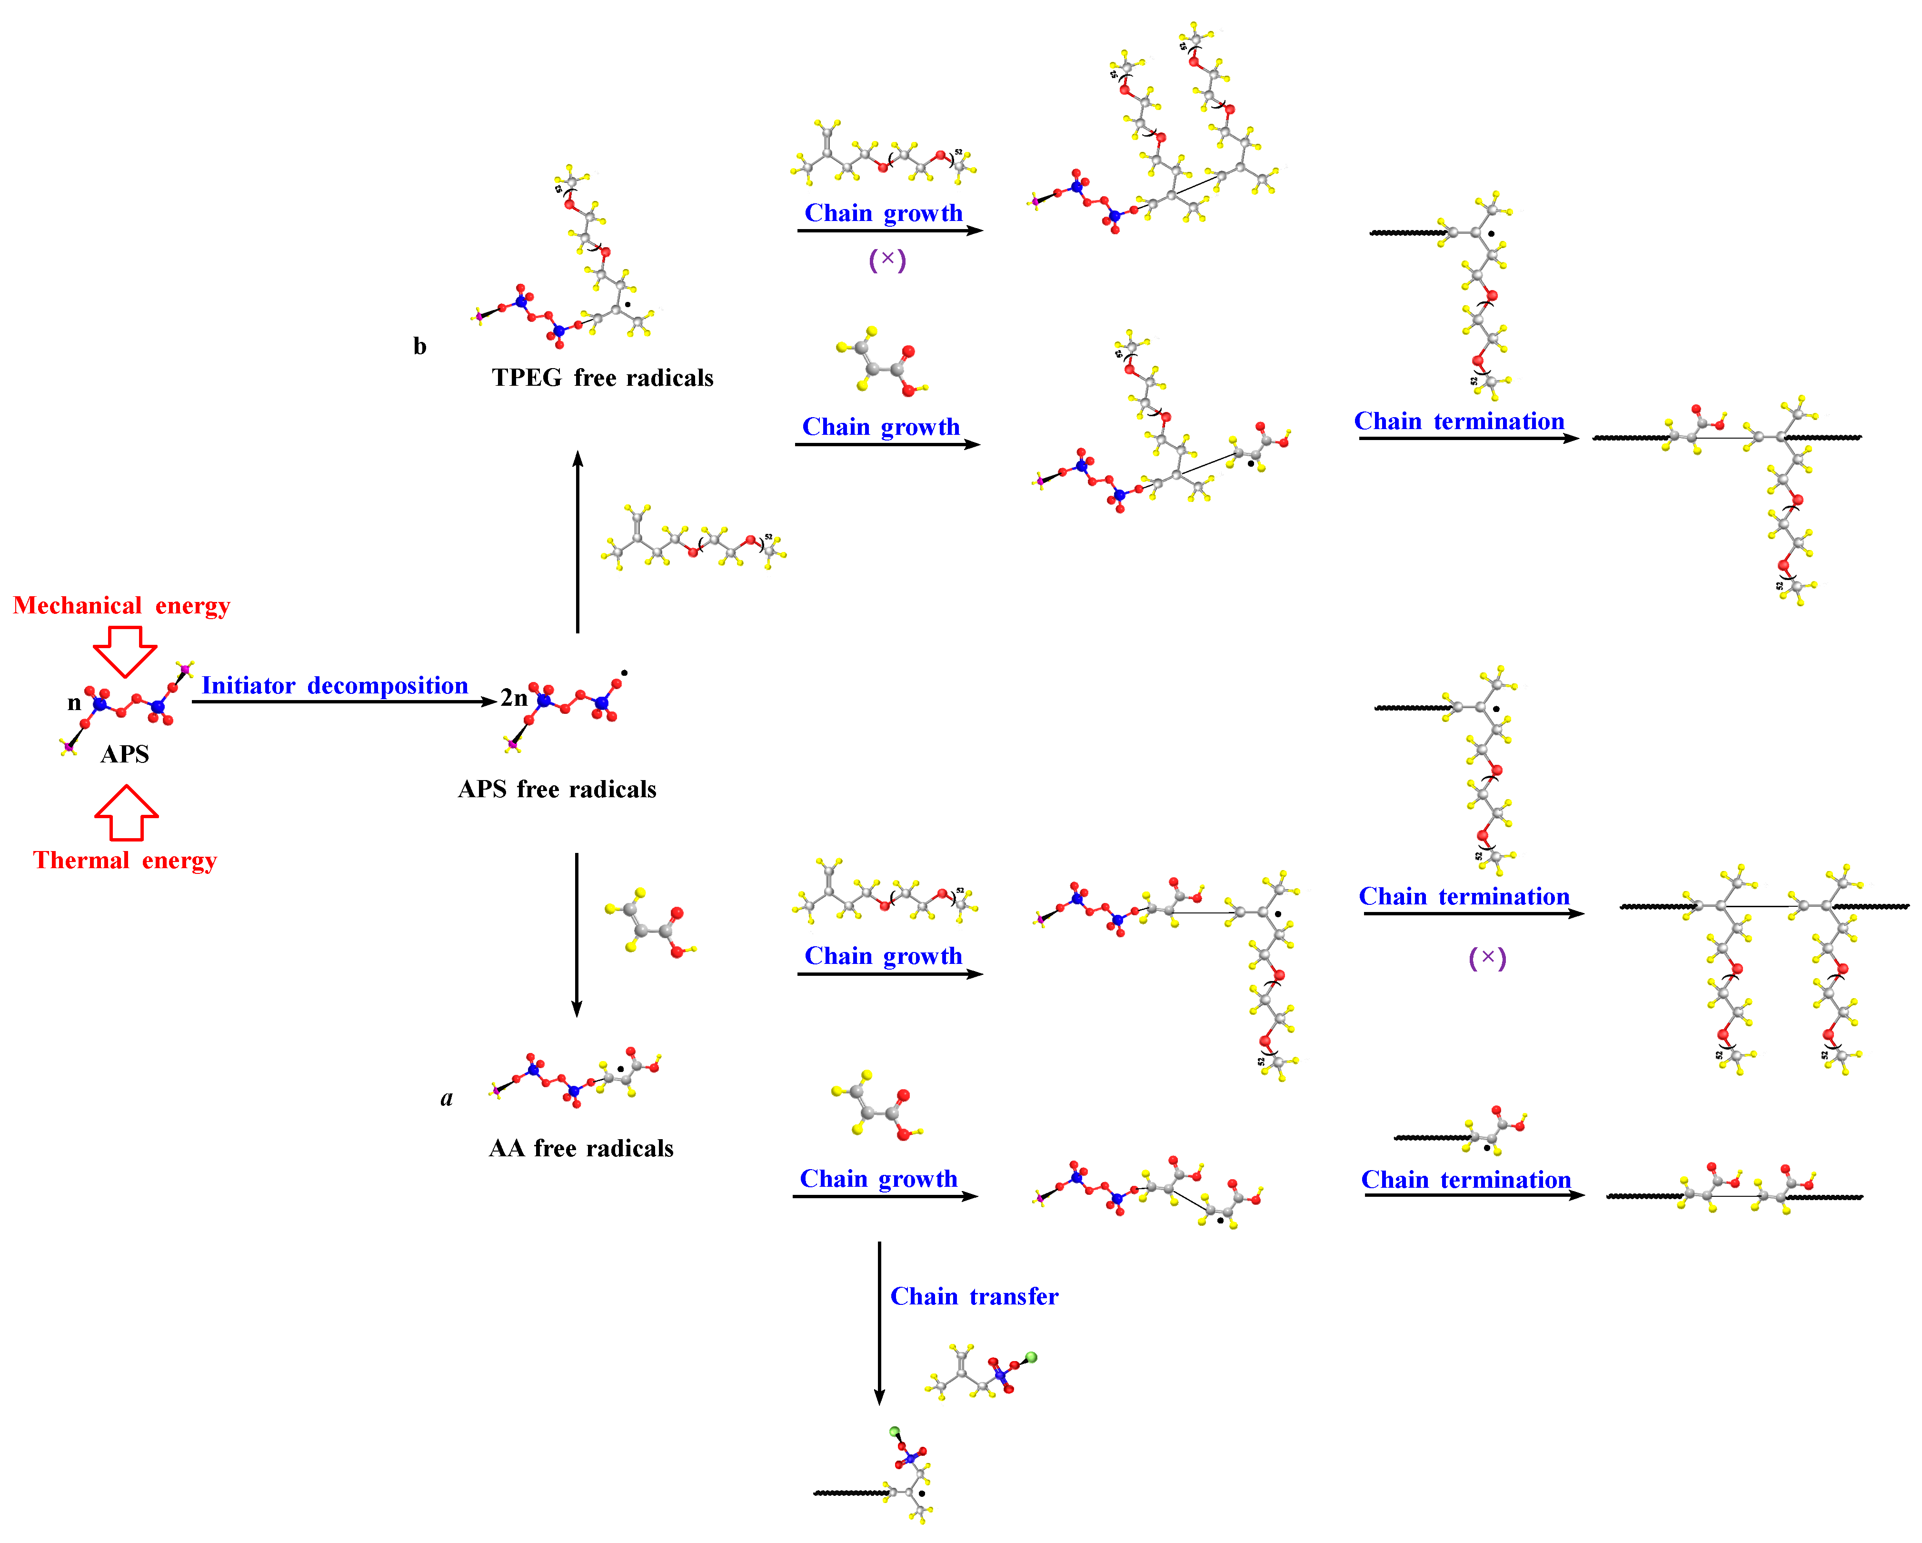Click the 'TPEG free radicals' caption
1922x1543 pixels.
(x=603, y=378)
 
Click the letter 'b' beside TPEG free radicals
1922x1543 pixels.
(x=420, y=346)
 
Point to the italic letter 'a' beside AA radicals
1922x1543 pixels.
(x=447, y=1098)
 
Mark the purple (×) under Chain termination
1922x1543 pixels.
(x=1487, y=958)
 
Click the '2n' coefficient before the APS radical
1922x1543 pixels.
(x=514, y=698)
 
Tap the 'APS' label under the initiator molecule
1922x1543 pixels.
(x=125, y=754)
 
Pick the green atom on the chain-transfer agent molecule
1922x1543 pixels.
(x=1031, y=1357)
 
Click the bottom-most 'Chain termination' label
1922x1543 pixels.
(x=1465, y=1180)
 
